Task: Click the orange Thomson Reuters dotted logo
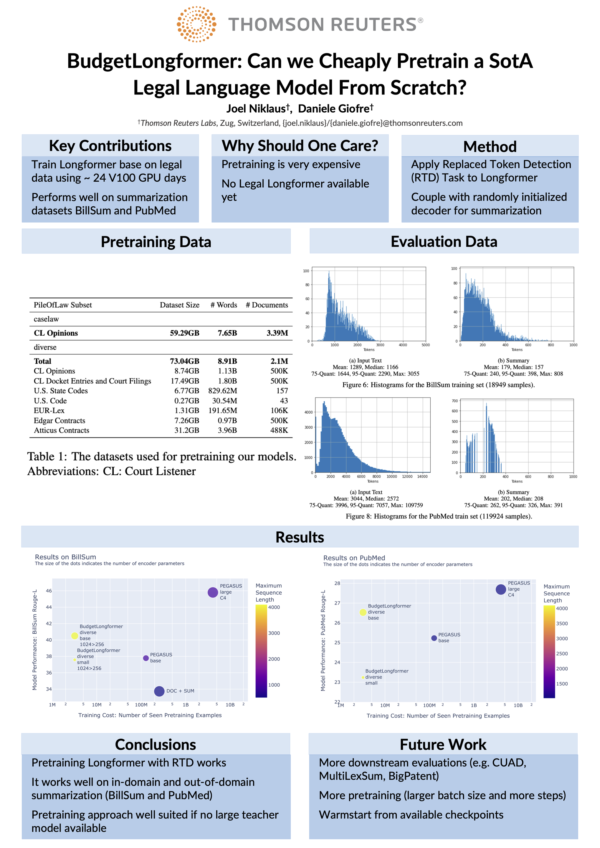[x=196, y=24]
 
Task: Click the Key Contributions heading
[x=110, y=146]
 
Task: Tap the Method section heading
[x=490, y=147]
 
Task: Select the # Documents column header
[x=267, y=305]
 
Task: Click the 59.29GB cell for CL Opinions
[x=184, y=333]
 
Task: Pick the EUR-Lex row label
[x=49, y=411]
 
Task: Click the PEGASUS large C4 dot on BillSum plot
[x=212, y=592]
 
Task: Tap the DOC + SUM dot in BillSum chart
[x=159, y=691]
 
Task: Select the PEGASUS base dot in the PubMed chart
[x=434, y=638]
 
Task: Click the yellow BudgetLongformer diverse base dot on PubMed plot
[x=363, y=612]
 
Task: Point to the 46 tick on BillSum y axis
[x=49, y=591]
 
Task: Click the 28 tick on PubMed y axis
[x=337, y=584]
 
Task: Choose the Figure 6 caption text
[x=438, y=385]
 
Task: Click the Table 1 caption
[x=161, y=464]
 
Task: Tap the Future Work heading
[x=443, y=745]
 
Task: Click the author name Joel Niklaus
[x=256, y=109]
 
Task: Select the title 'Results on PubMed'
[x=354, y=558]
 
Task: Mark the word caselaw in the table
[x=46, y=319]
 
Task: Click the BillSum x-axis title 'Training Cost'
[x=150, y=715]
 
